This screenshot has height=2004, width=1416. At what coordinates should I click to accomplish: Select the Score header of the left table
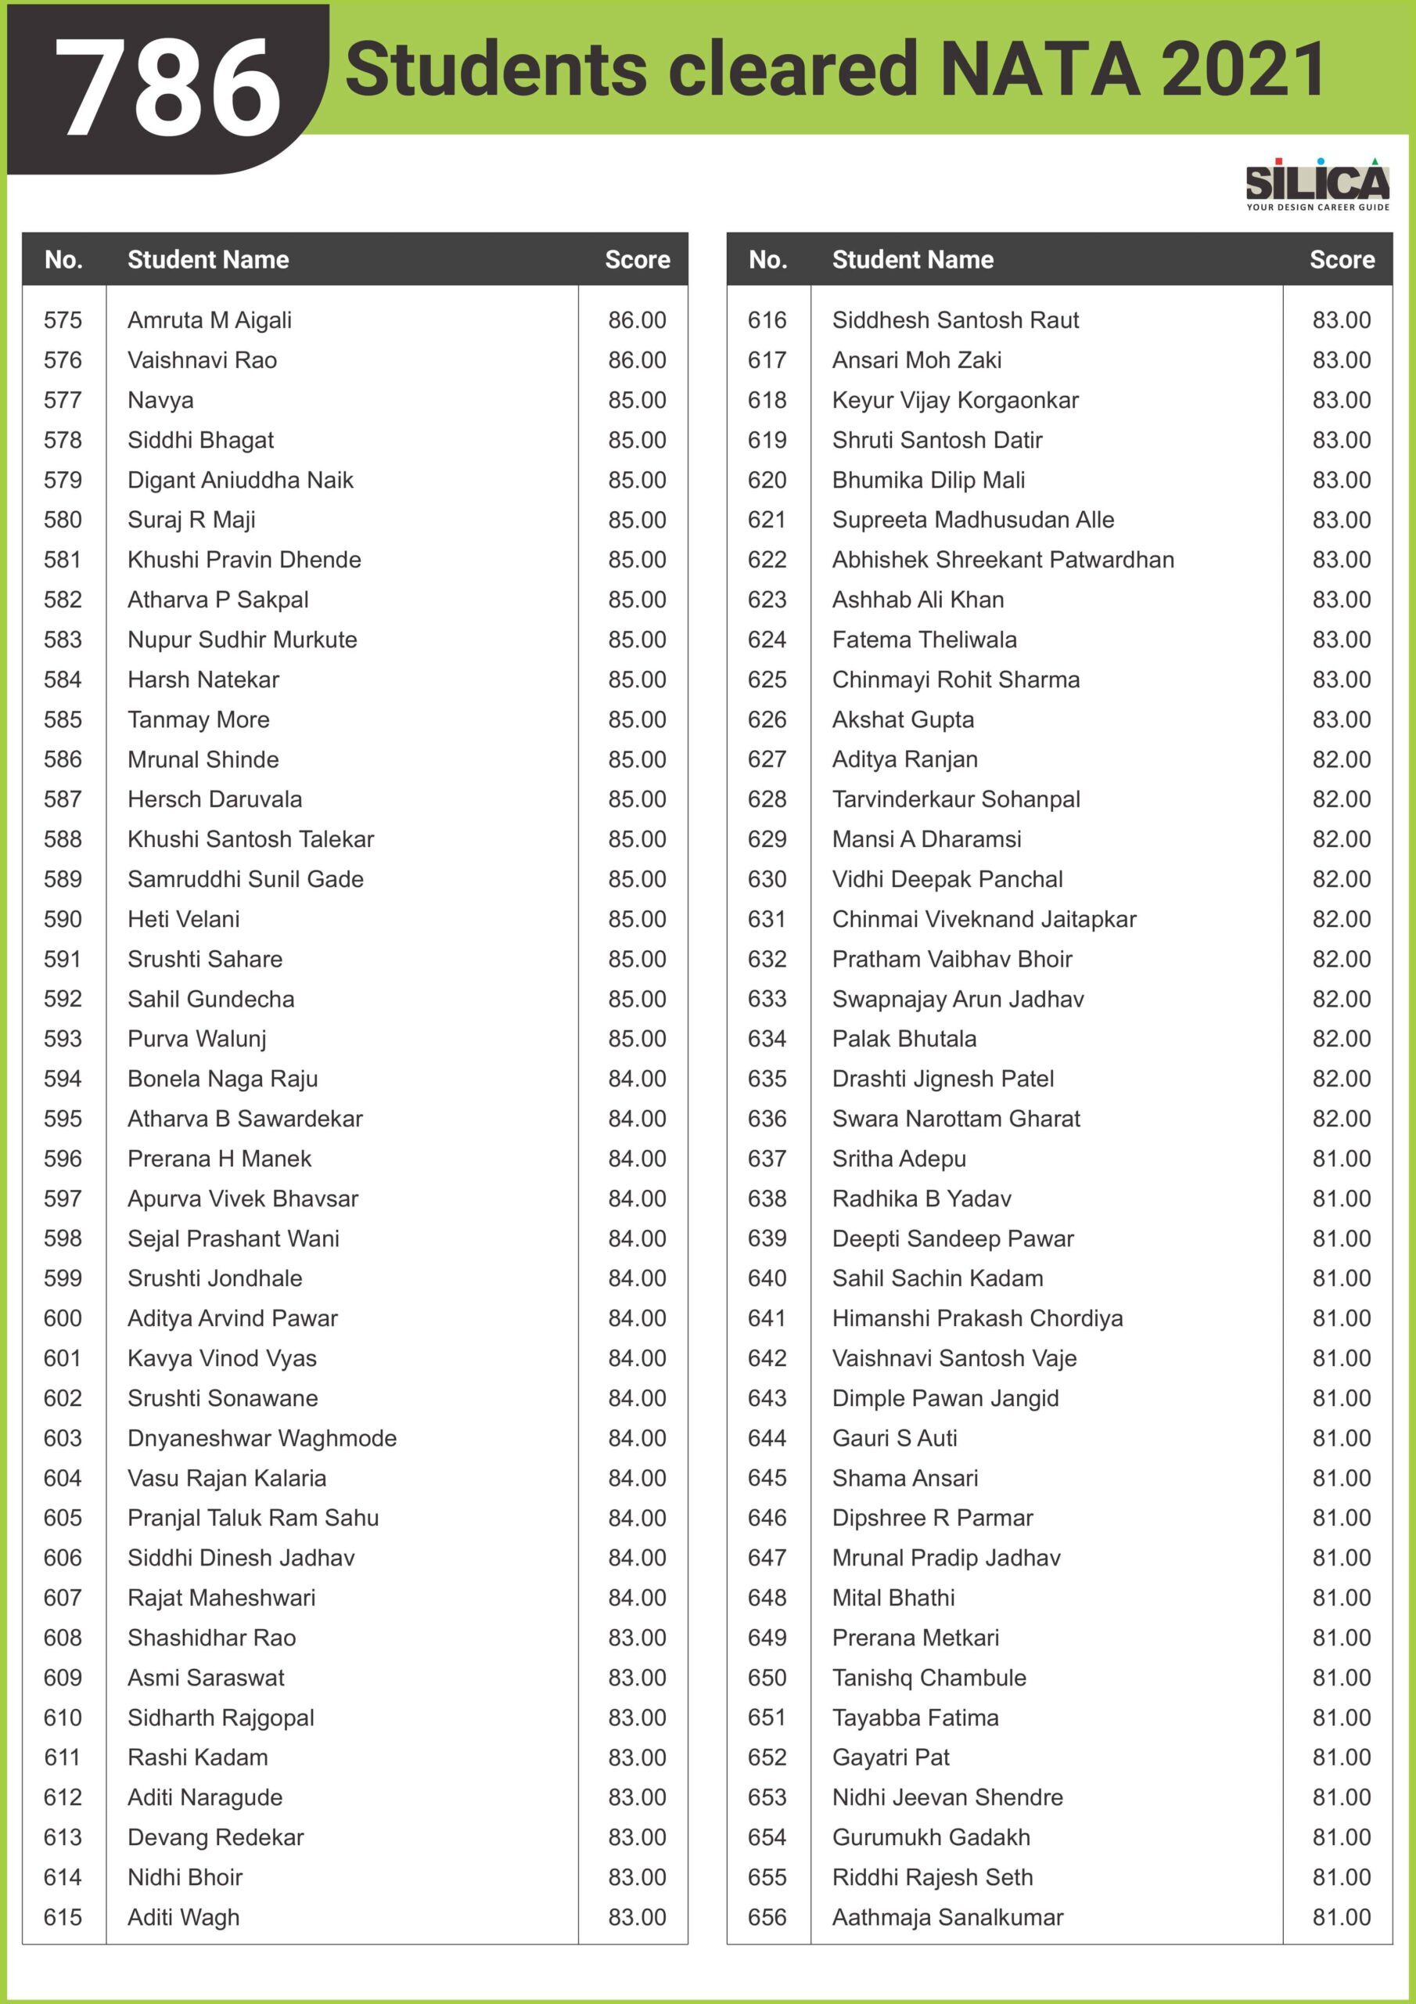pos(637,259)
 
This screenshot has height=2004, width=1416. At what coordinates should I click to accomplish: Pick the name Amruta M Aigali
pos(210,320)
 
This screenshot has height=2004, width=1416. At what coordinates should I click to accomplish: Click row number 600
pos(63,1318)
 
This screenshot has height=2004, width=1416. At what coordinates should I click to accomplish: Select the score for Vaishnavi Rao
pos(637,360)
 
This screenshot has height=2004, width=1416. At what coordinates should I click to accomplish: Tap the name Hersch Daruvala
pos(214,799)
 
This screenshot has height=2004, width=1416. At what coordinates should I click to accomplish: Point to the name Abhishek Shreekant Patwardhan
pos(1002,560)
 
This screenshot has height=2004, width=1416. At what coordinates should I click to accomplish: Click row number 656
pos(767,1918)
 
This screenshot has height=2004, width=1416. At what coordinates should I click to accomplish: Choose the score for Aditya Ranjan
pos(1341,759)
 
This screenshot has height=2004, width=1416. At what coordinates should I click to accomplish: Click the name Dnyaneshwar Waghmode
pos(262,1438)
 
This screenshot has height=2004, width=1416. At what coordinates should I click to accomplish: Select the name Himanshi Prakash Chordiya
pos(977,1318)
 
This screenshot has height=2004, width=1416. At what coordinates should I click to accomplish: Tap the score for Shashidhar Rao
pos(637,1638)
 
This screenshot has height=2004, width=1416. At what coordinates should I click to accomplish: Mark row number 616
pos(767,320)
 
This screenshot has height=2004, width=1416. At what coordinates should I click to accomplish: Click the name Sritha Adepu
pos(899,1159)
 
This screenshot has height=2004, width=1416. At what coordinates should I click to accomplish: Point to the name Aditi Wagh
pos(183,1918)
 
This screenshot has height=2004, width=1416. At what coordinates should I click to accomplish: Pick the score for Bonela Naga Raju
pos(637,1079)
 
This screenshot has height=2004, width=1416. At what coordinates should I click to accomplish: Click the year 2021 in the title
pos(1242,69)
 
